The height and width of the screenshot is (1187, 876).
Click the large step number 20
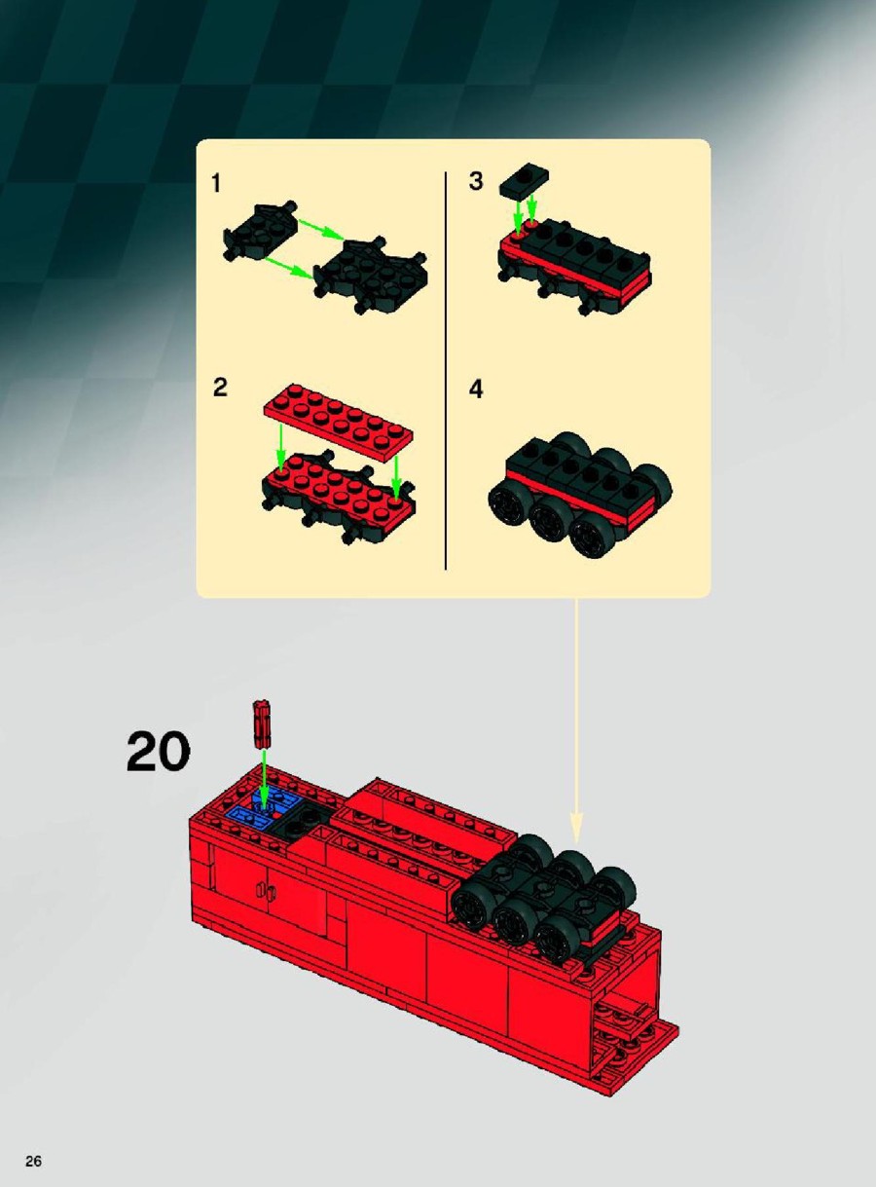point(158,751)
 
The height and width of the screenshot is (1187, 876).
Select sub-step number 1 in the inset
point(216,183)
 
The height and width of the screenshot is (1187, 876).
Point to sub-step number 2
point(220,388)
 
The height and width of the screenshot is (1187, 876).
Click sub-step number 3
point(476,181)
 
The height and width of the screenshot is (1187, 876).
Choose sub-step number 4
point(476,389)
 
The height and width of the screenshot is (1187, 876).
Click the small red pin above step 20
point(261,723)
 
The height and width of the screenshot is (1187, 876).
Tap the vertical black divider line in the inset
point(445,371)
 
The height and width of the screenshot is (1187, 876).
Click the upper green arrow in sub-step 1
point(321,228)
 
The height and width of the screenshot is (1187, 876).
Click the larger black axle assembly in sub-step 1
point(371,276)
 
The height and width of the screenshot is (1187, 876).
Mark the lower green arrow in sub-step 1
point(289,268)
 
